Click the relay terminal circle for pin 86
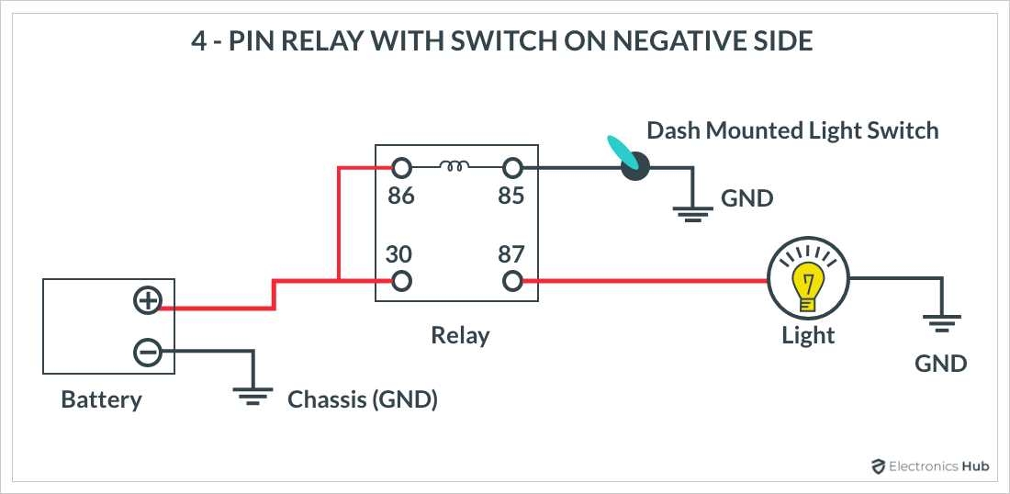tap(400, 168)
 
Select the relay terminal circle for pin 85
tap(512, 168)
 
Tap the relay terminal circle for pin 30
tap(400, 281)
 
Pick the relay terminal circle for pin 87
tap(512, 281)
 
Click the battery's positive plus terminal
tap(147, 300)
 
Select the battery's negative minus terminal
tap(147, 352)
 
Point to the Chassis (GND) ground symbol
tap(253, 395)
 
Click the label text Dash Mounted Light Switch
tap(792, 130)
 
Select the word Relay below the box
tap(460, 335)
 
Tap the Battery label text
tap(101, 400)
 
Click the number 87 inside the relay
tap(511, 253)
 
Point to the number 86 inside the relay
tap(400, 196)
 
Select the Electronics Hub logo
tap(929, 466)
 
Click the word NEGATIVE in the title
tap(617, 42)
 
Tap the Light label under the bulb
tap(808, 336)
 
